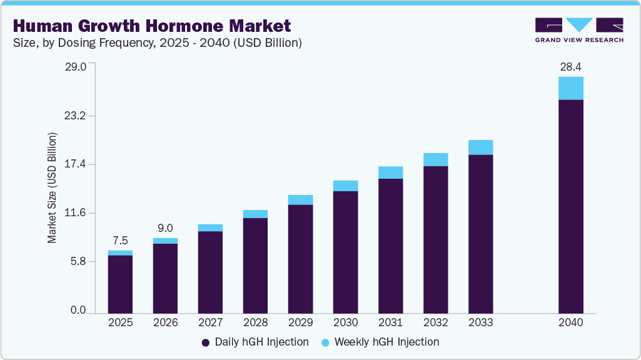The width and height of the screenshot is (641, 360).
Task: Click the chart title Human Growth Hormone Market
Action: pos(151,26)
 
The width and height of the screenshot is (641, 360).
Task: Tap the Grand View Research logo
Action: pos(579,30)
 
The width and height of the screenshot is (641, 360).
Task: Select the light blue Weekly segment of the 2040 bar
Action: pos(570,88)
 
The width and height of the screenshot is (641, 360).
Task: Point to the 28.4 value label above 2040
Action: pos(570,67)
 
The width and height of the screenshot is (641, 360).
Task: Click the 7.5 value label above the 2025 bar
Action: pos(120,241)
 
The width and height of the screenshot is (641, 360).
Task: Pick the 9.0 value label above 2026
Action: pos(165,228)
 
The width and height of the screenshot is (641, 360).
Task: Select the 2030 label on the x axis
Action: pos(345,323)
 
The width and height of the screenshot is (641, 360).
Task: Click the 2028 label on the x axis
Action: pos(255,323)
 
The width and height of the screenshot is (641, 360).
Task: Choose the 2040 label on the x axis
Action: pos(570,323)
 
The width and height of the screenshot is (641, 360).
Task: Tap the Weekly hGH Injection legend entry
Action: pos(380,342)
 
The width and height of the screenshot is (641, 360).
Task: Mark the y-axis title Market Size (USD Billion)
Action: pos(53,187)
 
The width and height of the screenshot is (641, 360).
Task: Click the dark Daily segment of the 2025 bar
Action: pos(120,284)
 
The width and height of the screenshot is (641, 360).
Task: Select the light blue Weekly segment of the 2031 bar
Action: pos(390,172)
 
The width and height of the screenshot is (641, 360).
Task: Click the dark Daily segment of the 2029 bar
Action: pos(300,258)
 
